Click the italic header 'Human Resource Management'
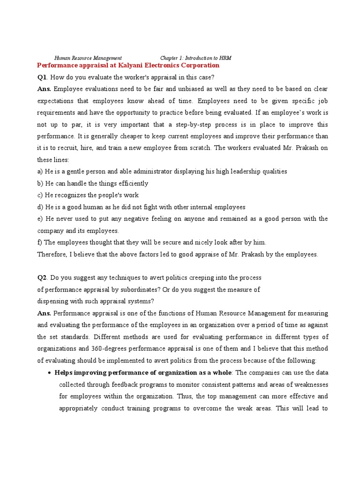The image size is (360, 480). click(x=88, y=58)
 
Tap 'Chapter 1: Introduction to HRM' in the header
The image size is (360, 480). click(x=195, y=58)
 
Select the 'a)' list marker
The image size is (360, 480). click(x=40, y=171)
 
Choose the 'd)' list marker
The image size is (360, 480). click(x=40, y=207)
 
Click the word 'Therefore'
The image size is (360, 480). click(x=52, y=254)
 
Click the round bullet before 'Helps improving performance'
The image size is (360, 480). click(x=50, y=373)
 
